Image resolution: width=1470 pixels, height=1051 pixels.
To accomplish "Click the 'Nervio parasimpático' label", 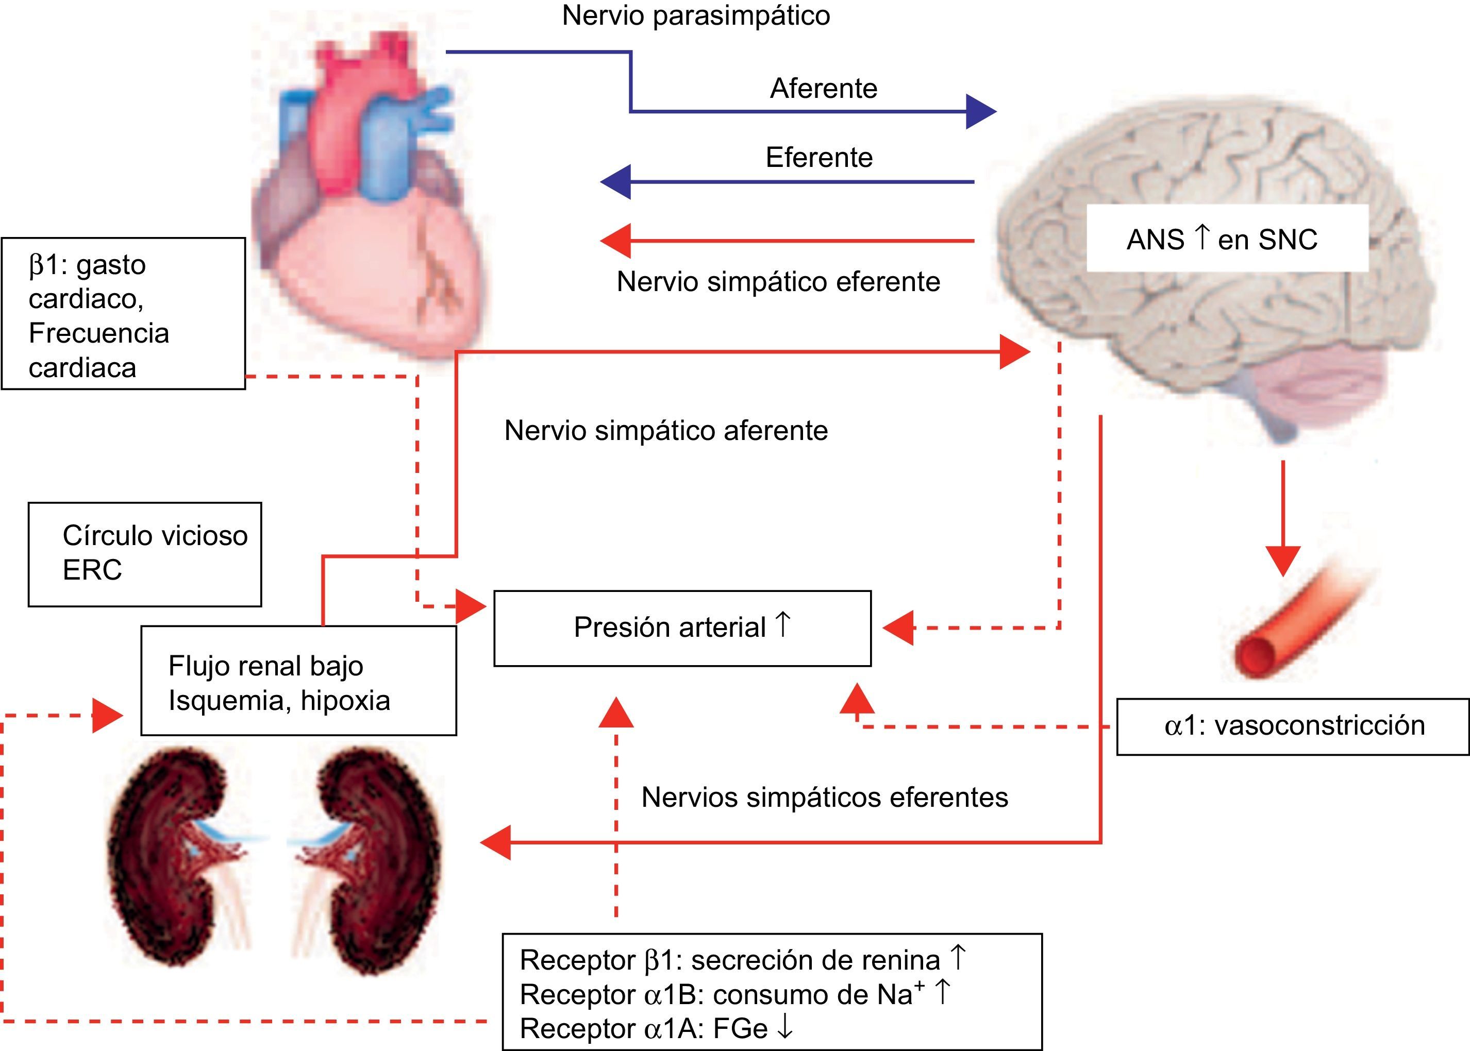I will coord(696,15).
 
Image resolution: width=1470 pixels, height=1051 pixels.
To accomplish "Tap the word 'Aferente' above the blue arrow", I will coord(823,89).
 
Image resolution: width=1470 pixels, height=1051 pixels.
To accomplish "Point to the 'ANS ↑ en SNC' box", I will coord(1227,239).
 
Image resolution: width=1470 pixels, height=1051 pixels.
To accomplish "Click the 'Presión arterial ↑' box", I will coord(682,628).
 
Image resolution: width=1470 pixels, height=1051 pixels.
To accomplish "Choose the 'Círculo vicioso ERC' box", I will coord(145,554).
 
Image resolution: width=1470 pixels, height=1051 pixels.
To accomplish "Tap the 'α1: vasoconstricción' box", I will coord(1293,726).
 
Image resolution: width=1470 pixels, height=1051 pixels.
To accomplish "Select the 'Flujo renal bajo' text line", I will coord(265,666).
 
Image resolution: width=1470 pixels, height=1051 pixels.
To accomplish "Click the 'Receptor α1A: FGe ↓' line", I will coord(656,1028).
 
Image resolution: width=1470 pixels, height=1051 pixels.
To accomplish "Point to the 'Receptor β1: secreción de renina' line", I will coord(742,960).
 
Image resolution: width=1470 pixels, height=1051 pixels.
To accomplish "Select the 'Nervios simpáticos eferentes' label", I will coord(825,798).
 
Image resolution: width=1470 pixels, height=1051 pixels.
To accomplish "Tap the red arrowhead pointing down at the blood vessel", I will coord(1282,561).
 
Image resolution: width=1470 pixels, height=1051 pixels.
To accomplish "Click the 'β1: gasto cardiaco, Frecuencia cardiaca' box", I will coord(123,314).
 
